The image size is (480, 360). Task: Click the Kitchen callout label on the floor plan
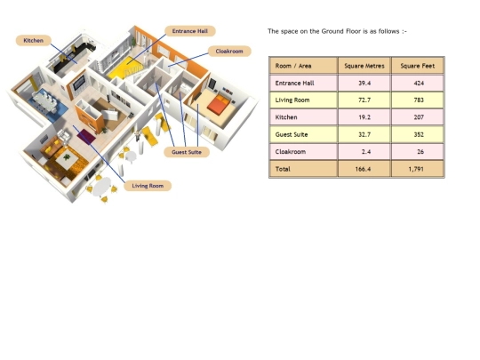tap(34, 40)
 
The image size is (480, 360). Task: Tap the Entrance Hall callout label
tap(190, 31)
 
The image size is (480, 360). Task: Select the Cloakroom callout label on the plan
tap(229, 52)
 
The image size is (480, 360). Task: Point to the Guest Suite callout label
tap(187, 152)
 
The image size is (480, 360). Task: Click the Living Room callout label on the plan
tap(148, 186)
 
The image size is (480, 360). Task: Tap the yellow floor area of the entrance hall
tap(125, 68)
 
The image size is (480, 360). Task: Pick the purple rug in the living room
tap(86, 136)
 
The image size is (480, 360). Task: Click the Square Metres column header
tap(364, 66)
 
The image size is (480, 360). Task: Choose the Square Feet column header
tap(418, 66)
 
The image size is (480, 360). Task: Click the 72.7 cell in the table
tap(364, 100)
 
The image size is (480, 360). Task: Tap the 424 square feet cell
tap(418, 83)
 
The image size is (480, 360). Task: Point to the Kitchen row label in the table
tap(286, 117)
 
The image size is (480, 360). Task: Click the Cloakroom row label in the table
tap(290, 151)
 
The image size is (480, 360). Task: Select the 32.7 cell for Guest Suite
tap(364, 134)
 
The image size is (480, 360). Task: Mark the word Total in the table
tap(283, 169)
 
